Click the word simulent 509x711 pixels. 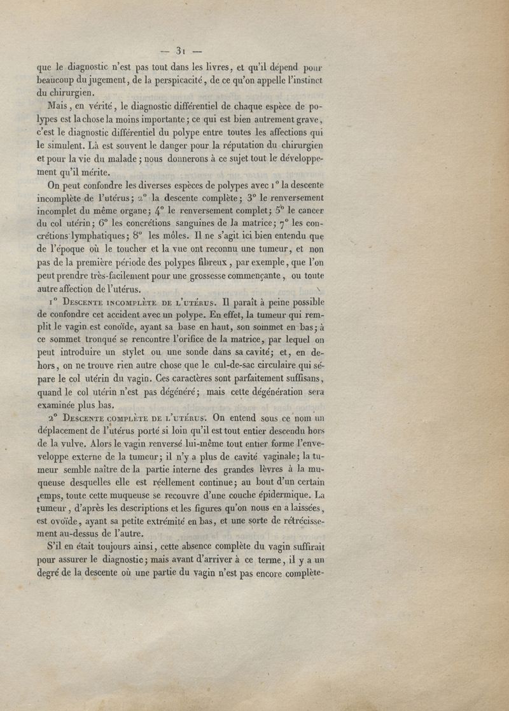point(67,145)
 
